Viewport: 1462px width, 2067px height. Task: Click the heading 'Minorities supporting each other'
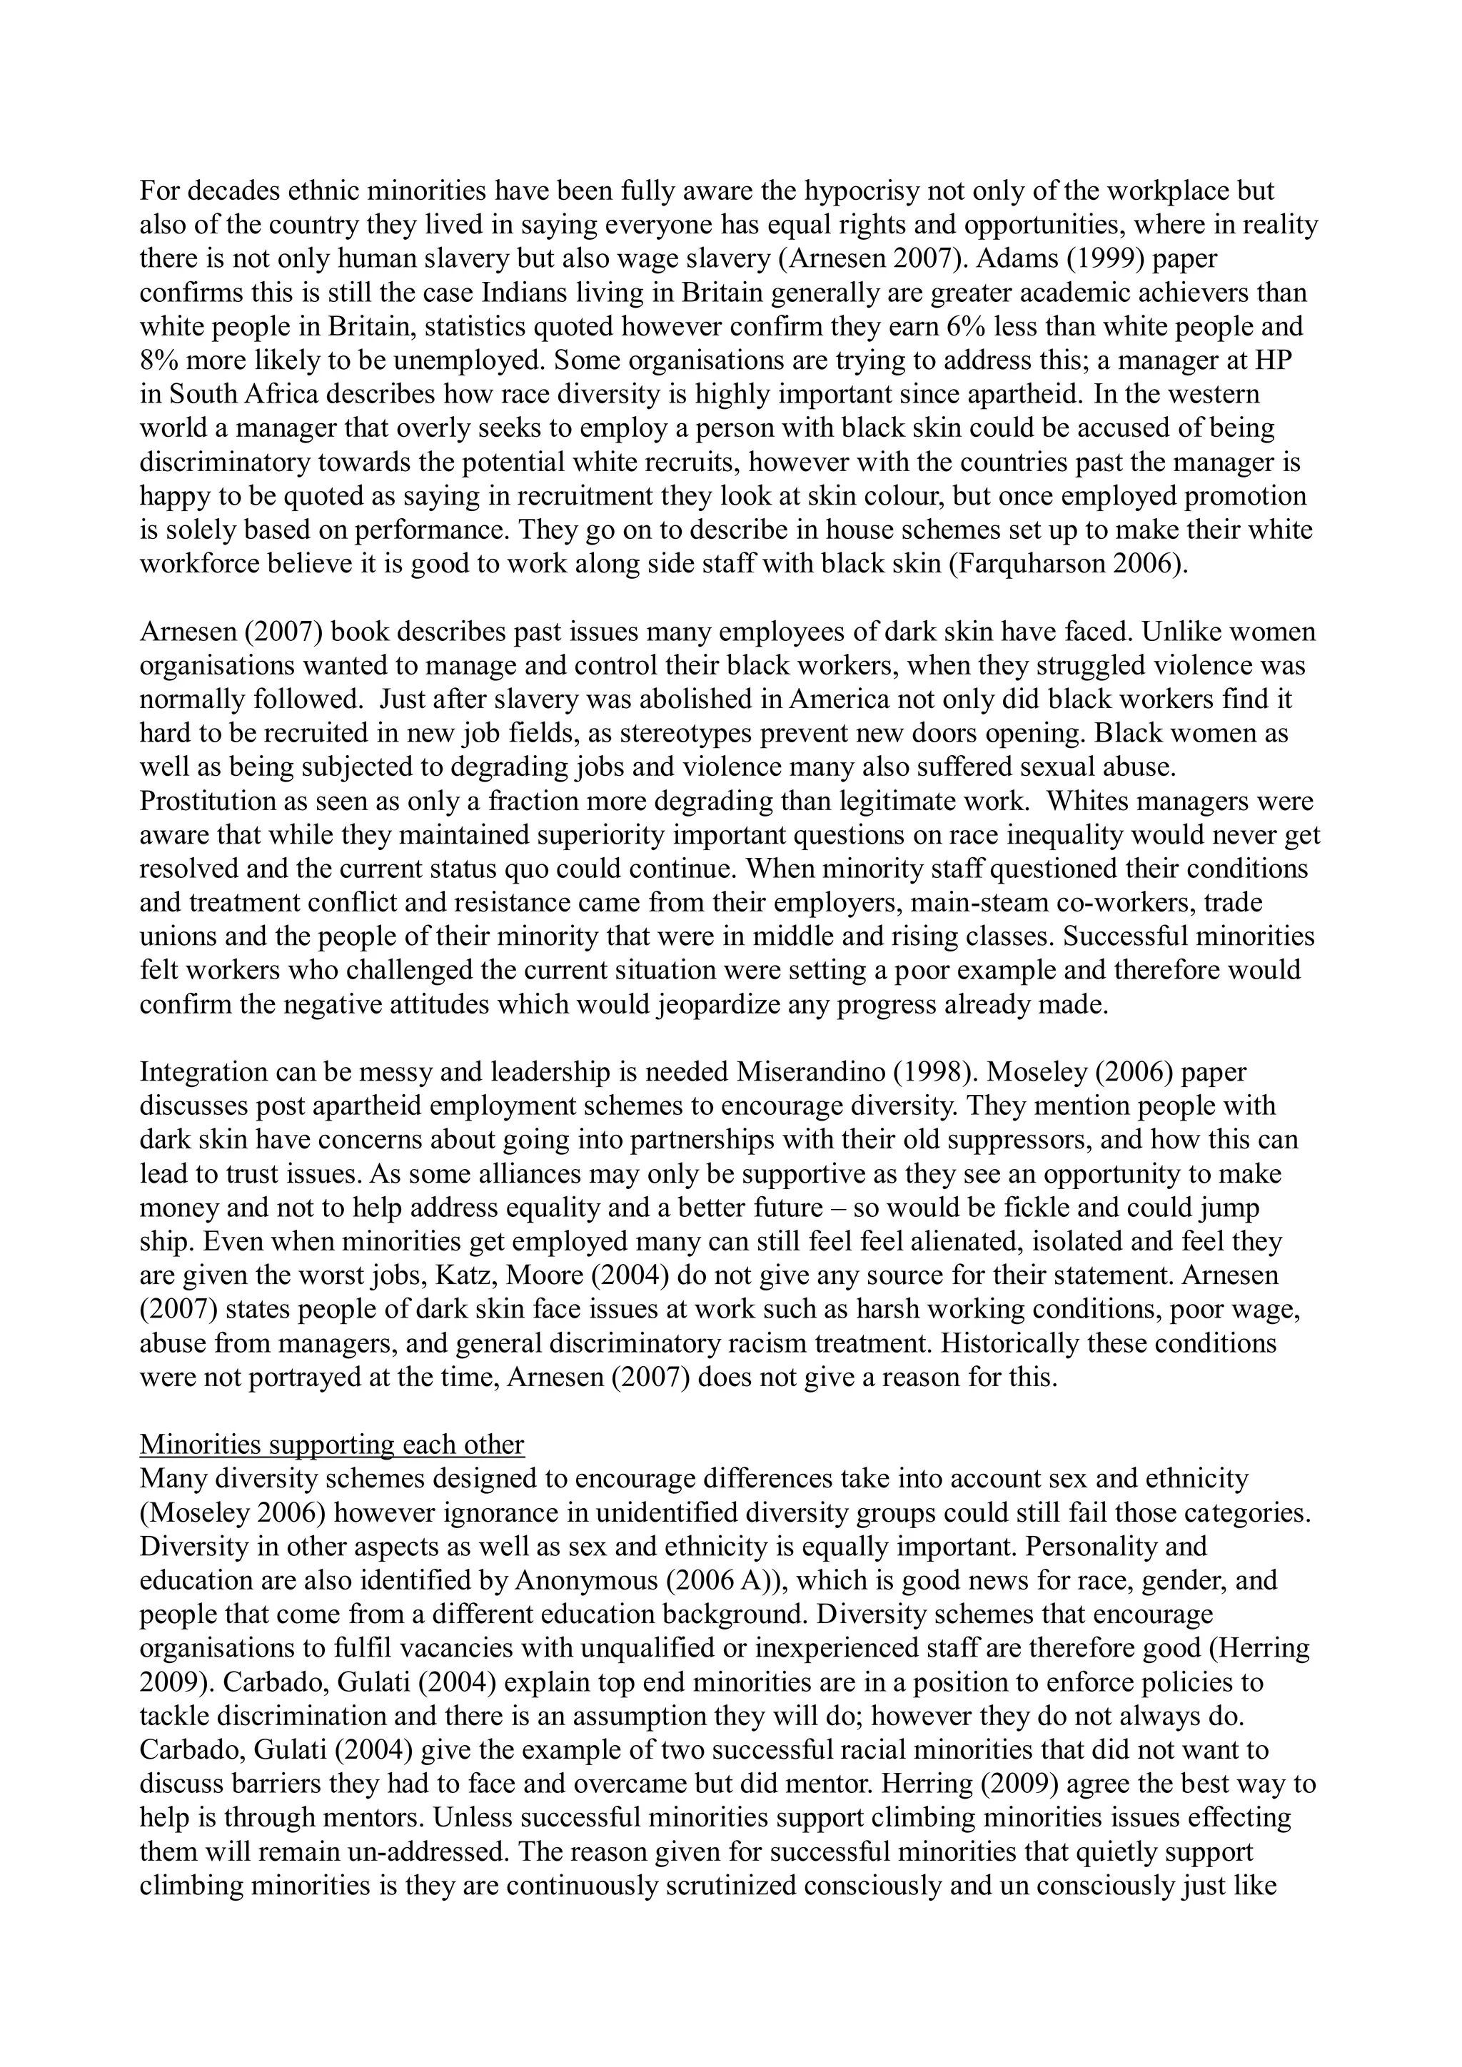[x=331, y=1445]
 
